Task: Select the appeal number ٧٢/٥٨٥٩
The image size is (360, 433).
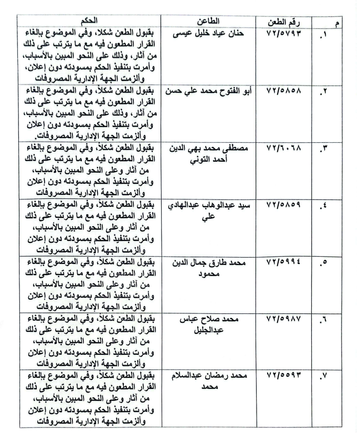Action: tap(287, 205)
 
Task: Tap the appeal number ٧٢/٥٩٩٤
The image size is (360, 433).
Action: tap(287, 262)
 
